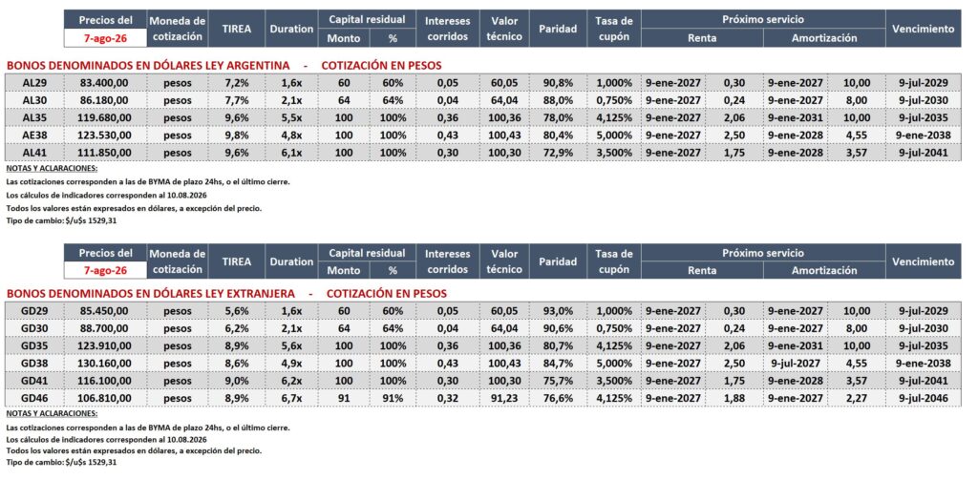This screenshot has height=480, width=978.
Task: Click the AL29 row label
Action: (x=33, y=83)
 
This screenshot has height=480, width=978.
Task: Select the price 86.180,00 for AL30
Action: (x=105, y=100)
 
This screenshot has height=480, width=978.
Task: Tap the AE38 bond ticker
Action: (x=33, y=135)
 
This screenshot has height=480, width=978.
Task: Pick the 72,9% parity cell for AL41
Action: (x=558, y=152)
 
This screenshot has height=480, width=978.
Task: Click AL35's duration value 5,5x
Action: (x=290, y=117)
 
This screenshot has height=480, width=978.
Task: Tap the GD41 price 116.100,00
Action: (x=105, y=381)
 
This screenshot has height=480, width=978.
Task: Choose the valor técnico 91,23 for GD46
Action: (x=505, y=398)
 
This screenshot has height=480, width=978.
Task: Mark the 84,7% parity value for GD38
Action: (x=558, y=364)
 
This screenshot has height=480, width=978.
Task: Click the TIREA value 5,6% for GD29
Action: (x=237, y=311)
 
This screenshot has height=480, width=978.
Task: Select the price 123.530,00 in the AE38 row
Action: (x=105, y=135)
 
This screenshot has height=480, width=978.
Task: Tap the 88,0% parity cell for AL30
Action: (x=558, y=100)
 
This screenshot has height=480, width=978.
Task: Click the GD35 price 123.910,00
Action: (x=105, y=346)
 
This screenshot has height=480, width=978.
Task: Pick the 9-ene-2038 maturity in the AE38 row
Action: (x=924, y=135)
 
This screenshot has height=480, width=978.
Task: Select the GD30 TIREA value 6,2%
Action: (x=237, y=328)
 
